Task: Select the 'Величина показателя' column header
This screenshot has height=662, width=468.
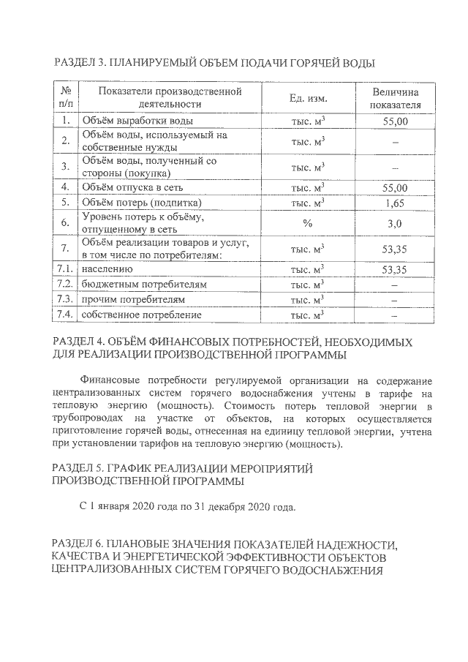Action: point(396,98)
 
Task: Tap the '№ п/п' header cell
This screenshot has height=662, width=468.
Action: point(66,98)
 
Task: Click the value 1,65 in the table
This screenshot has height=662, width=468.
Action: point(395,202)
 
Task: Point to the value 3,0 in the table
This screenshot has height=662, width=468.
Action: point(395,223)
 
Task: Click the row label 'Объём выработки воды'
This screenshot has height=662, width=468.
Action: point(138,121)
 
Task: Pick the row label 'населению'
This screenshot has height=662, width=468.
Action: point(106,270)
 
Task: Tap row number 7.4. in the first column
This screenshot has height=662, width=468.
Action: point(66,315)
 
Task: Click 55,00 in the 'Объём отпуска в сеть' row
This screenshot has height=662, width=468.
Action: point(395,188)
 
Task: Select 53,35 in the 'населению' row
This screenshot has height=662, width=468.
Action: point(395,270)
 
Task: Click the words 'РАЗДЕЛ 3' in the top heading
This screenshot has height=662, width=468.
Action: point(80,64)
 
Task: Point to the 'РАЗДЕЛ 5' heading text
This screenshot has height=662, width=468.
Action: point(80,467)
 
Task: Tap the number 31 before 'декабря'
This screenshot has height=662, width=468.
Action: point(201,507)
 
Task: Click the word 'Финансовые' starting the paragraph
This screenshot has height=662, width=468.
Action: point(113,381)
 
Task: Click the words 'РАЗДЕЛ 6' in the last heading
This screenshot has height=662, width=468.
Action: point(80,545)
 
